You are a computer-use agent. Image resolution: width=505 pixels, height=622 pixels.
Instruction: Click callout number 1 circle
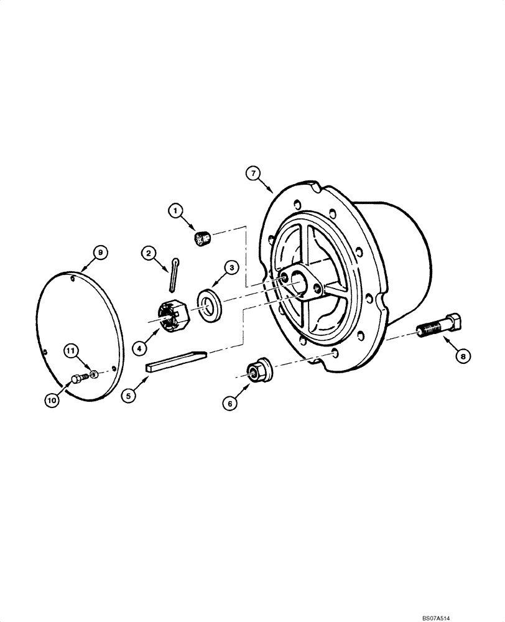176,211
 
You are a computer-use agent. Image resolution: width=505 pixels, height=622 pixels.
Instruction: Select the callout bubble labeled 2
148,253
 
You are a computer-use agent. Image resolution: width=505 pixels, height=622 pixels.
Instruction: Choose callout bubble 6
230,403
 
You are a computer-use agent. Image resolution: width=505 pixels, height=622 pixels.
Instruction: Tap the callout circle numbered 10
52,401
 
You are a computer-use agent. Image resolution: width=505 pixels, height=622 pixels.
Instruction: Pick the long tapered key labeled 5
178,361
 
